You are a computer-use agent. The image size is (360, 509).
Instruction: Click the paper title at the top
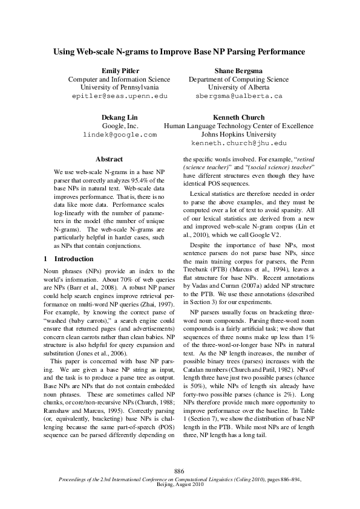[x=180, y=52]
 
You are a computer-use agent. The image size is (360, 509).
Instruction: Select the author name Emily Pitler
[x=119, y=71]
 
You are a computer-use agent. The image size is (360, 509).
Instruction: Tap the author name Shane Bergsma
[x=238, y=71]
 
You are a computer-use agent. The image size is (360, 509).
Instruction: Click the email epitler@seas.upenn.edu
[x=119, y=96]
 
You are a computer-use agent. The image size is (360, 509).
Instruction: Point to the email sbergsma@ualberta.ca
[x=238, y=96]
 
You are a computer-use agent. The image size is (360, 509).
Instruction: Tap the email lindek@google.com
[x=119, y=134]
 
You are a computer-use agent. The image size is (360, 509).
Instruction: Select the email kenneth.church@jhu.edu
[x=238, y=143]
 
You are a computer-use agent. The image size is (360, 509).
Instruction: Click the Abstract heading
[x=110, y=160]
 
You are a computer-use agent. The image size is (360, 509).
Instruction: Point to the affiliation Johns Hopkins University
[x=238, y=134]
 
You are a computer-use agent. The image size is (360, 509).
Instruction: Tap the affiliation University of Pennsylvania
[x=119, y=88]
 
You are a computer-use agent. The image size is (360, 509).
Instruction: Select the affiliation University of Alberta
[x=238, y=88]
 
